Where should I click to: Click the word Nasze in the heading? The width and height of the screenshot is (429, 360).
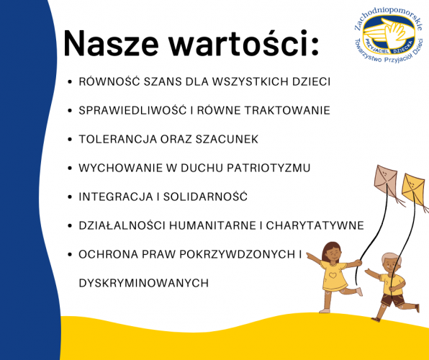coord(111,43)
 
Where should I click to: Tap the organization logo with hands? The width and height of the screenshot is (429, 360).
coord(389,35)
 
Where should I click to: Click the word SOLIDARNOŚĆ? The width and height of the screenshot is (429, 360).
coord(205,197)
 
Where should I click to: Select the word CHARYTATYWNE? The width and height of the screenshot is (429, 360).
coord(315,225)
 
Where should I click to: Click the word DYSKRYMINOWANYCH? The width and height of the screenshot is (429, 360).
coord(144,283)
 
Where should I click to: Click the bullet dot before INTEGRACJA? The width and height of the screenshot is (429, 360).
coord(70,197)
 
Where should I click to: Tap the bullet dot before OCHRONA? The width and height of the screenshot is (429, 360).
coord(70,254)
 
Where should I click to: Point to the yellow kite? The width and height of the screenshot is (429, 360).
coord(413,186)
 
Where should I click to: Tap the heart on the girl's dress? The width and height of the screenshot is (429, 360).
coord(333,275)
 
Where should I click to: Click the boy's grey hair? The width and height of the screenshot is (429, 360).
coord(392,258)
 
